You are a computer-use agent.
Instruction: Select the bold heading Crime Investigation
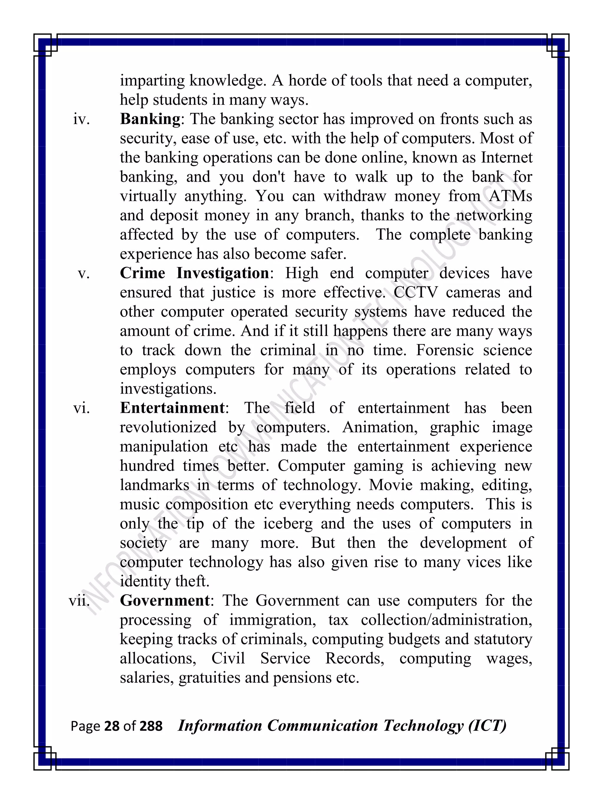pos(194,273)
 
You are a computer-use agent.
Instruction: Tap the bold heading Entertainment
pos(172,408)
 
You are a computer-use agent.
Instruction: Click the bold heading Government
pos(165,601)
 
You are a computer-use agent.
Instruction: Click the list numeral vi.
pos(82,408)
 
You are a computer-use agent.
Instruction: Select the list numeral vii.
pos(79,601)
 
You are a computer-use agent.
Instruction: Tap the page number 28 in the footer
pos(112,726)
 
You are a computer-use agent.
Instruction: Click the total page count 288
pos(151,726)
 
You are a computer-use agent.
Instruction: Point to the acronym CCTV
pos(415,293)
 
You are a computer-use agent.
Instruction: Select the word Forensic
pos(445,350)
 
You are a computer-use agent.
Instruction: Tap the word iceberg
pos(287,524)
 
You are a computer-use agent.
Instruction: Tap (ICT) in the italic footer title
pos(487,726)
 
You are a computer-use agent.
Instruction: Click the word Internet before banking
pos(506,158)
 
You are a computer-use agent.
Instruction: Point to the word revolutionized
pos(168,427)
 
